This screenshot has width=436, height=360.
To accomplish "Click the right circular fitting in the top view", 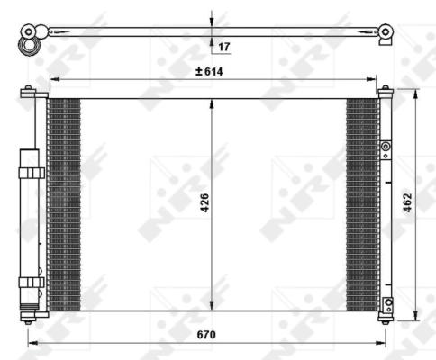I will click(x=386, y=32).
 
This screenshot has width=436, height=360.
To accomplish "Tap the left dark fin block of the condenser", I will click(x=63, y=202).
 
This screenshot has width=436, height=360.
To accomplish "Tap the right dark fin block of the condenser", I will click(x=362, y=202).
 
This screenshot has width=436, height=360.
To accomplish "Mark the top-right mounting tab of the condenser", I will click(x=386, y=90).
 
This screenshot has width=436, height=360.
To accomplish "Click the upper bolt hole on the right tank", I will click(x=386, y=147).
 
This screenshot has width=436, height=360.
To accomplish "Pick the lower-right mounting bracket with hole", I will click(x=386, y=303).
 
